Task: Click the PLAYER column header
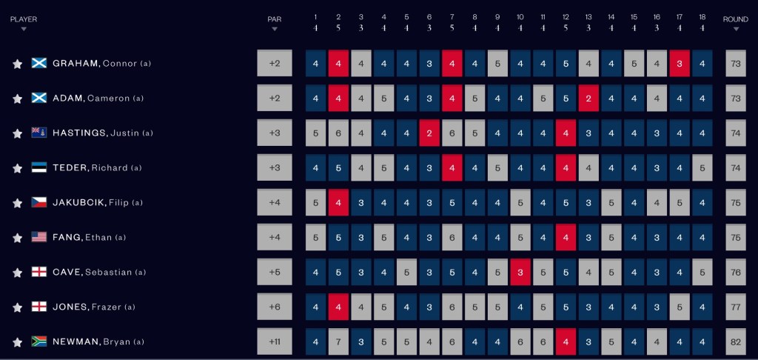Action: tap(24, 19)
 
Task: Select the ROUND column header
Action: tap(736, 19)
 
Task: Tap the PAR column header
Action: tap(275, 19)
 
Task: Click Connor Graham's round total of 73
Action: tap(736, 64)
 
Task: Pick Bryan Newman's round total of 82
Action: tap(736, 341)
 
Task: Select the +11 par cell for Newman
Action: tap(275, 341)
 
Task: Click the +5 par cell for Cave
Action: tap(275, 272)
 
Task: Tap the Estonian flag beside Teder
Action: tap(39, 167)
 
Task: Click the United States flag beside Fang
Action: tap(39, 237)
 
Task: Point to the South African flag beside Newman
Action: tap(39, 341)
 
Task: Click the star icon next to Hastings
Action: tap(18, 133)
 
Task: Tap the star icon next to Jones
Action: tap(18, 307)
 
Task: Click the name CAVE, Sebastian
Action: tap(92, 272)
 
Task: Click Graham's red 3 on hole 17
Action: tap(680, 64)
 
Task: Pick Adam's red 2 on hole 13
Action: tap(588, 99)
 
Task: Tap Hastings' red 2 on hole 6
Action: tap(429, 133)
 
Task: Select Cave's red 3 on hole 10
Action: tap(520, 272)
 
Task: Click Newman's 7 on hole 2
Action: tap(338, 341)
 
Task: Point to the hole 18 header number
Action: tap(702, 16)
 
